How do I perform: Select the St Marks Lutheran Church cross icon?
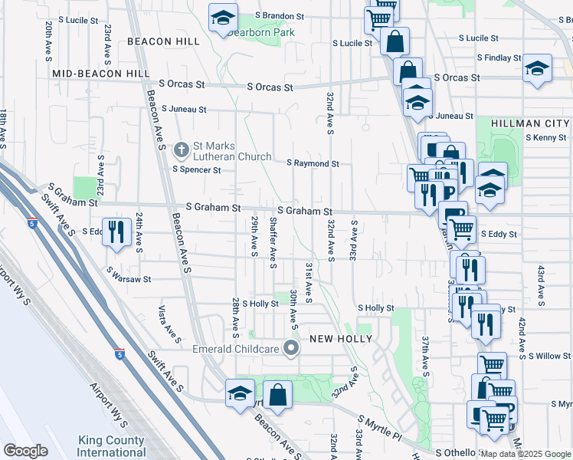pos(182,149)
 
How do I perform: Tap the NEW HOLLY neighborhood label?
pos(340,339)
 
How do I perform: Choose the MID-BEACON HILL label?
pos(101,73)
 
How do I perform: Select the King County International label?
pos(111,446)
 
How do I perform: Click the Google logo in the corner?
pos(25,451)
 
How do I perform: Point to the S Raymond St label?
pos(313,163)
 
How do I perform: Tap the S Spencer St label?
pos(196,169)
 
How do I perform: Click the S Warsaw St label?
pos(129,280)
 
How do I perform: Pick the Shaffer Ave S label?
pos(273,242)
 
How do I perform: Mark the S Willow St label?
pos(548,356)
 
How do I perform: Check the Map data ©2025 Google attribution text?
pos(526,454)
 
